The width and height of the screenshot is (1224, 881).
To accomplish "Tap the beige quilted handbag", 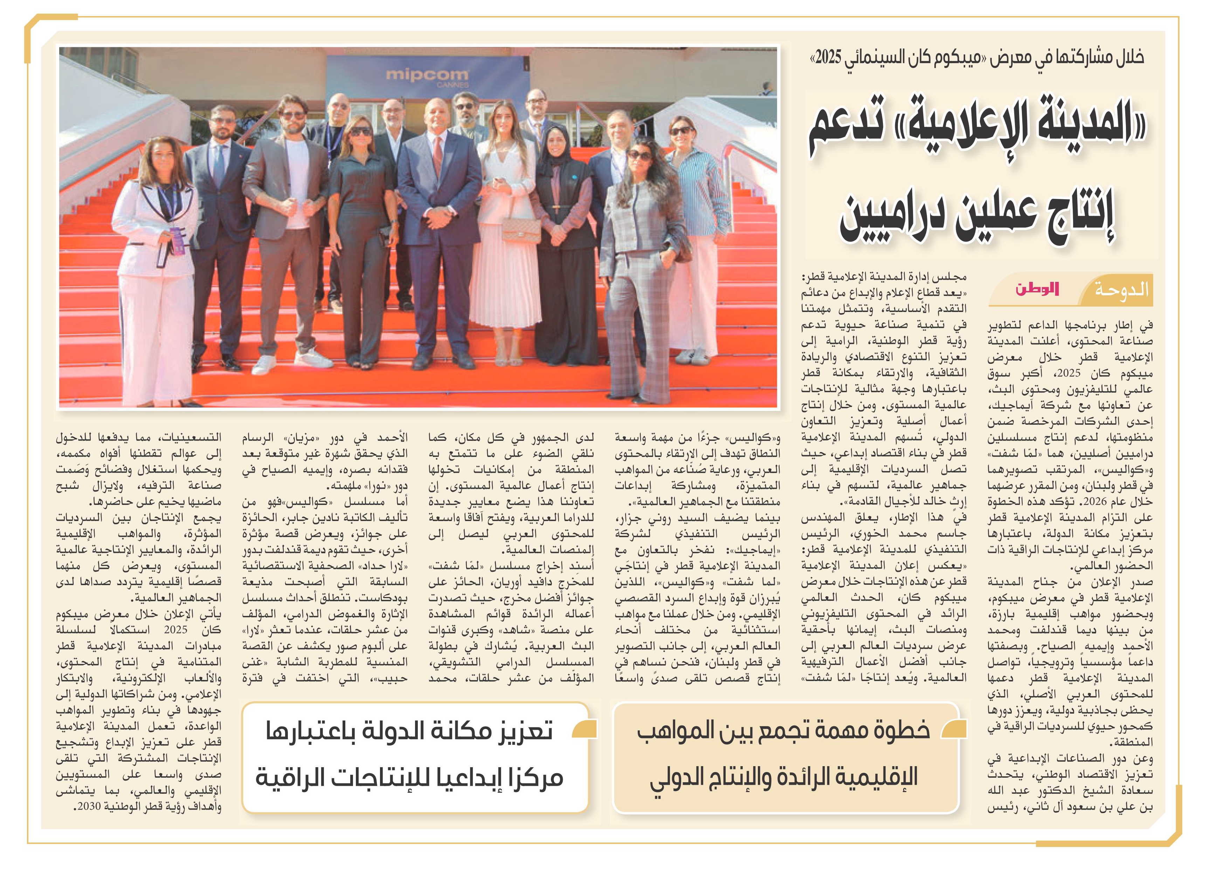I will pos(521,230).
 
